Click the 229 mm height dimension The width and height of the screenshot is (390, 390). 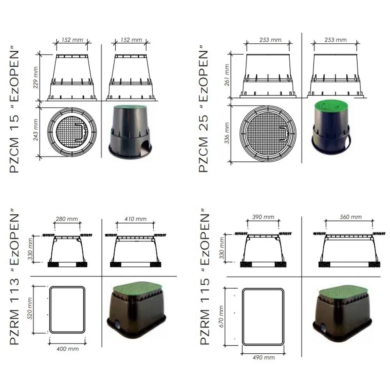click(35, 77)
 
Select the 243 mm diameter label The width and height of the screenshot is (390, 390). click(35, 129)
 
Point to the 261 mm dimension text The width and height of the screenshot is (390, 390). click(227, 75)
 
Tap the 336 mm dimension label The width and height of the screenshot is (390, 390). click(227, 133)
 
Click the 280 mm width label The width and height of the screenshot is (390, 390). click(67, 219)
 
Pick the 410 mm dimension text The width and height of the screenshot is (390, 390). click(135, 219)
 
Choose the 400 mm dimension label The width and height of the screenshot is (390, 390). click(67, 349)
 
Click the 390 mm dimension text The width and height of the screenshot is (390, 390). click(263, 217)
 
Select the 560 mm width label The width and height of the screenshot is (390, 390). click(351, 217)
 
